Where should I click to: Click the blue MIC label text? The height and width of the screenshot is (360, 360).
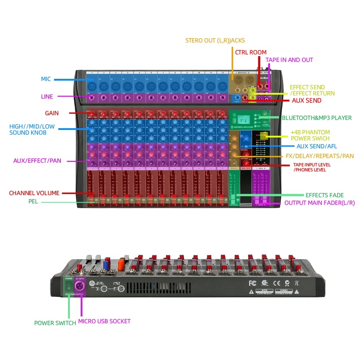(x=46, y=78)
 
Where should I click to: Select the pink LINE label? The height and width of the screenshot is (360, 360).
(x=47, y=96)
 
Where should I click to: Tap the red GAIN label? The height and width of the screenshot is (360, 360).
(x=52, y=113)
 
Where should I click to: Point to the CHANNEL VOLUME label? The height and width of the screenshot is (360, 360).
(x=34, y=193)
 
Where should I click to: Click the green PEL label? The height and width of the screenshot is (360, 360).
(x=33, y=201)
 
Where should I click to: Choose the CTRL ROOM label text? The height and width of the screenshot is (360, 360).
(x=251, y=52)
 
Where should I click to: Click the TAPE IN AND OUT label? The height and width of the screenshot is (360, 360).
(x=289, y=60)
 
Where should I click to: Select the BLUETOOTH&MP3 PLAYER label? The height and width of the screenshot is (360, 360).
(x=317, y=118)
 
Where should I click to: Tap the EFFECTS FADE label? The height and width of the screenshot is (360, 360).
(x=324, y=195)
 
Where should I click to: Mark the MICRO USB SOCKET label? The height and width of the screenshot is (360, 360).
(x=104, y=321)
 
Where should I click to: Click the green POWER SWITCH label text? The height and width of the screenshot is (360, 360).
(x=55, y=323)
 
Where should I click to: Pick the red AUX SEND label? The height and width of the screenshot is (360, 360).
(x=306, y=101)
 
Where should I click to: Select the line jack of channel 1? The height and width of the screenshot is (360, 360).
(x=92, y=98)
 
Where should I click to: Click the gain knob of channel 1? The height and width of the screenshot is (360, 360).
(x=92, y=114)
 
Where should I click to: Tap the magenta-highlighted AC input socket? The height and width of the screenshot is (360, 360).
(x=80, y=287)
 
